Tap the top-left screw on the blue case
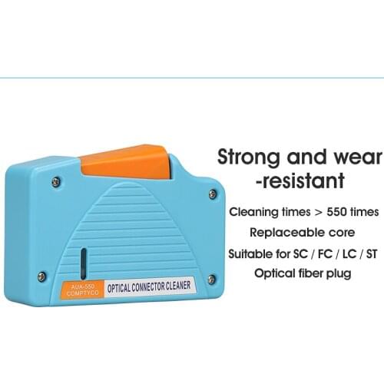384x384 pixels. [x=55, y=182]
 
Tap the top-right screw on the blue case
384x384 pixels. [x=212, y=194]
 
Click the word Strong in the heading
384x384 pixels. [x=253, y=158]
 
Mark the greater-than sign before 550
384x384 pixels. [x=315, y=210]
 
